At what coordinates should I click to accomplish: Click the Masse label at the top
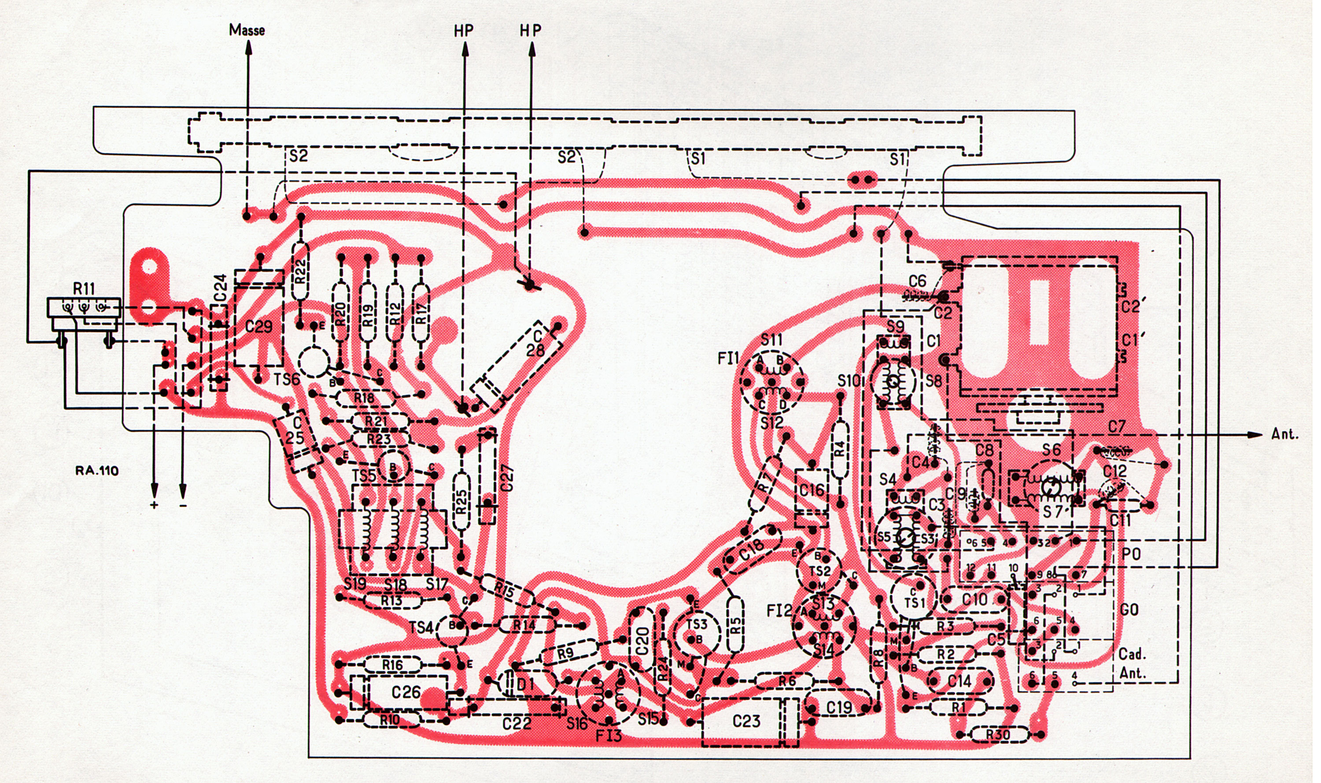[247, 30]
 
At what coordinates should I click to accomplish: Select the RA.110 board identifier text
[96, 471]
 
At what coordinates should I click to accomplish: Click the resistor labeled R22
[301, 272]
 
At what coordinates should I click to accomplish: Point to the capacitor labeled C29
[258, 327]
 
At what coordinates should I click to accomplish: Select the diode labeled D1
[525, 685]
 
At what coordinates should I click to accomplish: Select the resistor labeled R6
[786, 681]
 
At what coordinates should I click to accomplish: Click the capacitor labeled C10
[974, 600]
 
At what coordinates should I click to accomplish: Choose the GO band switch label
[1129, 610]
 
